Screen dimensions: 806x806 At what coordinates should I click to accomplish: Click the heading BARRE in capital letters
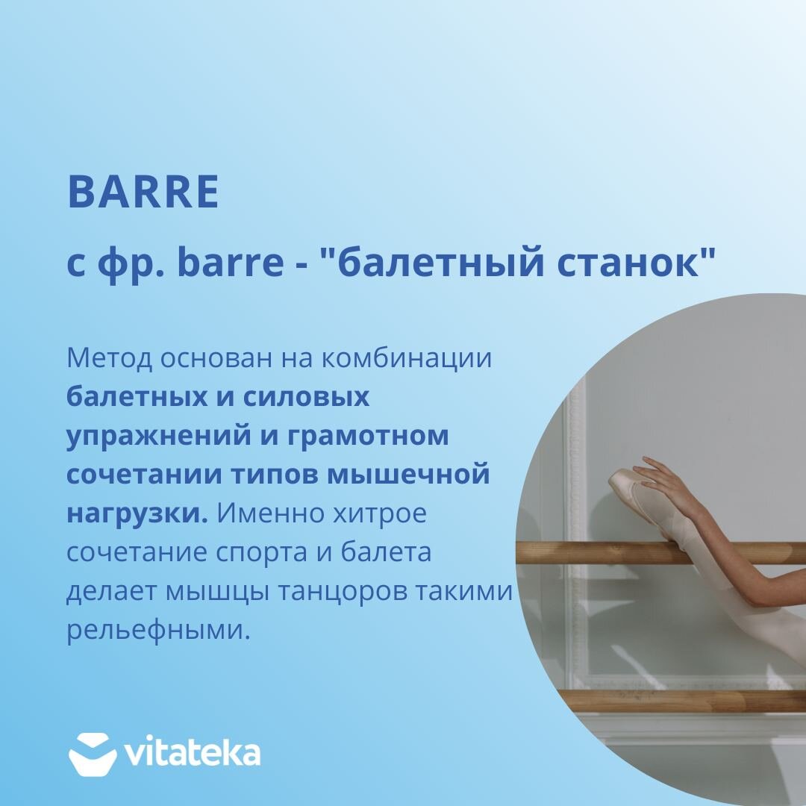[x=143, y=192]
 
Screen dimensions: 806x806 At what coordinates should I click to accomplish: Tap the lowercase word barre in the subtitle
[x=230, y=262]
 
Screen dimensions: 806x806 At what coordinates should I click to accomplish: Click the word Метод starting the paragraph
[x=110, y=358]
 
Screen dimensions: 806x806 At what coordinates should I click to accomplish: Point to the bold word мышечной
[x=408, y=475]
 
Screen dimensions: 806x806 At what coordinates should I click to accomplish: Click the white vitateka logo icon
[x=93, y=754]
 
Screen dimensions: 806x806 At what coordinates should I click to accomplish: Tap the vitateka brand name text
[x=193, y=754]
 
